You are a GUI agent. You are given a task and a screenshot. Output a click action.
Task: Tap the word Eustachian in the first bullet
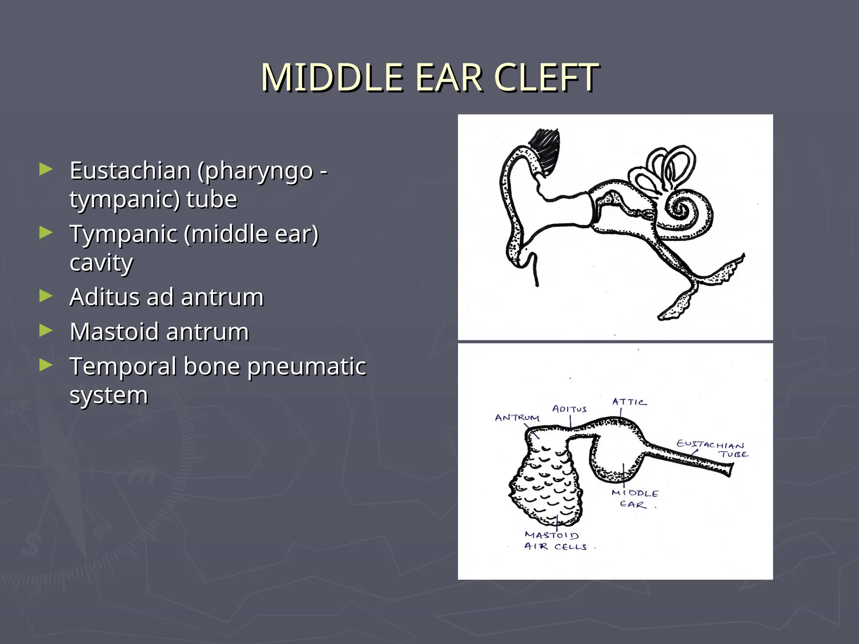point(130,171)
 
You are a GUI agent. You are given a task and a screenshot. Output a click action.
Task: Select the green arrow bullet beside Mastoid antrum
point(46,331)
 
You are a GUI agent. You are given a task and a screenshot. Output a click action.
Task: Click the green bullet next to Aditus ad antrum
point(46,296)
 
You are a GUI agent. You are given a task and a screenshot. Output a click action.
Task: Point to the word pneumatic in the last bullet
point(307,366)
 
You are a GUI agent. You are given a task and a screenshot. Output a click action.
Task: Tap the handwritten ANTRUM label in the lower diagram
point(517,418)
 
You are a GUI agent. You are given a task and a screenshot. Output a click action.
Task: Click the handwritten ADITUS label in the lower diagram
point(569,409)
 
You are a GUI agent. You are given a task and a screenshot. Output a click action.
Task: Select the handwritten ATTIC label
point(629,402)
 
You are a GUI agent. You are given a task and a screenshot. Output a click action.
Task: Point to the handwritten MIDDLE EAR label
point(634,499)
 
